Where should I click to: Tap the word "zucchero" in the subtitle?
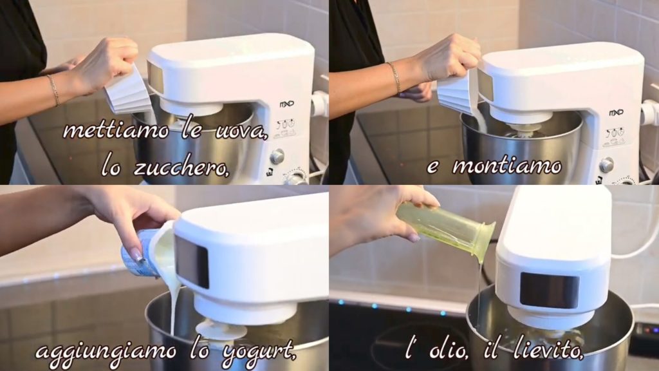coord(181,167)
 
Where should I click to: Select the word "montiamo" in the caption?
coord(506,166)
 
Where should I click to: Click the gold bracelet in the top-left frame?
coord(53,90)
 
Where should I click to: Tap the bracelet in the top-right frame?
coord(394,77)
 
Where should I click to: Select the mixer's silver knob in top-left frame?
coord(277,157)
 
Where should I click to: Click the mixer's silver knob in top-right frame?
coord(606,165)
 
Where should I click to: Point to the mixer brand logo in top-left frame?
coord(286,104)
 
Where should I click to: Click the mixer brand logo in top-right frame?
coord(616,113)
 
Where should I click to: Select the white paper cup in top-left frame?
coord(128,91)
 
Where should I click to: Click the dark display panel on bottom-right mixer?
coord(549,290)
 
